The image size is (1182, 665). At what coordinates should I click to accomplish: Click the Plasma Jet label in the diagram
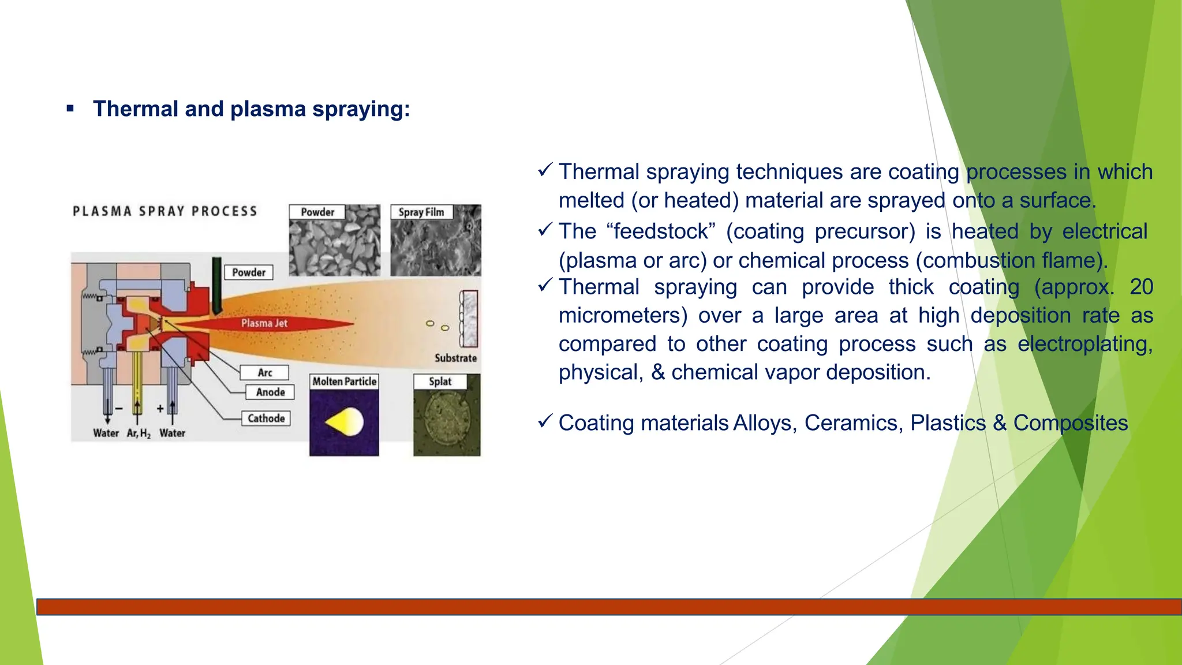[x=264, y=323]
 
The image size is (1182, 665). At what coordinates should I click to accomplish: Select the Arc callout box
[x=264, y=373]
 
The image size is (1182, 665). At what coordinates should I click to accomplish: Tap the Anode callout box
[x=270, y=393]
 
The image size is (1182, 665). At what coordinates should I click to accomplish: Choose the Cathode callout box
[x=266, y=419]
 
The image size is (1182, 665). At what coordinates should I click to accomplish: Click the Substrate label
[x=455, y=358]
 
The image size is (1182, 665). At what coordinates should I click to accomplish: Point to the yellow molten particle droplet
[x=345, y=423]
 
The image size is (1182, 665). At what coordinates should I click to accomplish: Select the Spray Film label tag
[x=421, y=212]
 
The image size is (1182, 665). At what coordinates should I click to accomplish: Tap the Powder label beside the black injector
[x=249, y=272]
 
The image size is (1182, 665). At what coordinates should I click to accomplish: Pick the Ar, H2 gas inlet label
[x=139, y=434]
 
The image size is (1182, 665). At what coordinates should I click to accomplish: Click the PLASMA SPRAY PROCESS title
[x=165, y=211]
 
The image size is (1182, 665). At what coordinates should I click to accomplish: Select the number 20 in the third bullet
[x=1141, y=287]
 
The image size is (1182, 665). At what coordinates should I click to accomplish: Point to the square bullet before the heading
[x=70, y=109]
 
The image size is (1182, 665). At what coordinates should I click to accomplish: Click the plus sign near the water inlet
[x=160, y=409]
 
